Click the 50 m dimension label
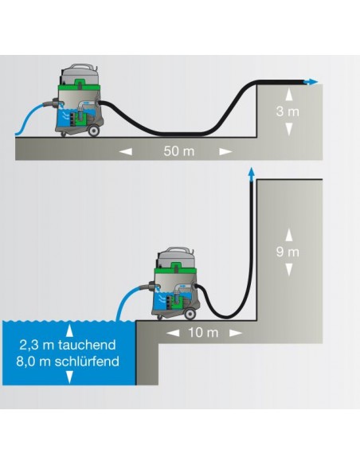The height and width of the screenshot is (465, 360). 179,151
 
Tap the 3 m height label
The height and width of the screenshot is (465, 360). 288,111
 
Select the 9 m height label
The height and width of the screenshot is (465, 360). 288,252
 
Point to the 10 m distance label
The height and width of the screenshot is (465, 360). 203,333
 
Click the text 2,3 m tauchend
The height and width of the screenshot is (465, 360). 68,345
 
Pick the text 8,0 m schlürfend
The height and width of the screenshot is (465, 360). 68,361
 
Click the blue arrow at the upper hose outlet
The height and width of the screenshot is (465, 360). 311,82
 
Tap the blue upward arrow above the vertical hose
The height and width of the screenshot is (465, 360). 252,174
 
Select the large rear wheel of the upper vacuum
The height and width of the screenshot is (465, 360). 93,131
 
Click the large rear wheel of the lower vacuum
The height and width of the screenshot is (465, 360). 190,315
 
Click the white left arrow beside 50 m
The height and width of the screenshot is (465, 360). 125,151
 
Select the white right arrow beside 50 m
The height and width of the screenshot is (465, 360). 225,151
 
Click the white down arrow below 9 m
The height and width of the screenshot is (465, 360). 289,270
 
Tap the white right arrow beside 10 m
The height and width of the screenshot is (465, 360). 236,333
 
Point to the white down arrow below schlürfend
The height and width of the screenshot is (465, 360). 69,377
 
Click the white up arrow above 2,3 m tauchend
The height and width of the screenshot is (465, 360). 69,330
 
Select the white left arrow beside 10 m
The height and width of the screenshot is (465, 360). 173,333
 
